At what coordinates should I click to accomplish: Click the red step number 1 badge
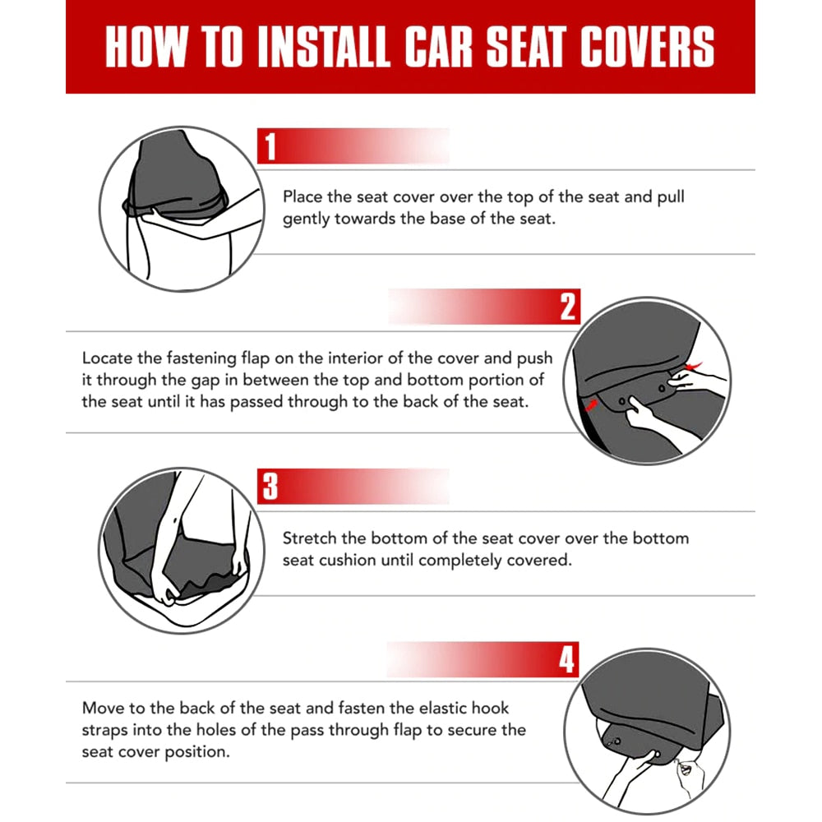point(270,147)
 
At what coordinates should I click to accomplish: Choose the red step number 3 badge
point(270,486)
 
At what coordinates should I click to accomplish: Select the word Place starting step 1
point(303,197)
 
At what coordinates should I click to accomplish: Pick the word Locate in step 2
point(107,358)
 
